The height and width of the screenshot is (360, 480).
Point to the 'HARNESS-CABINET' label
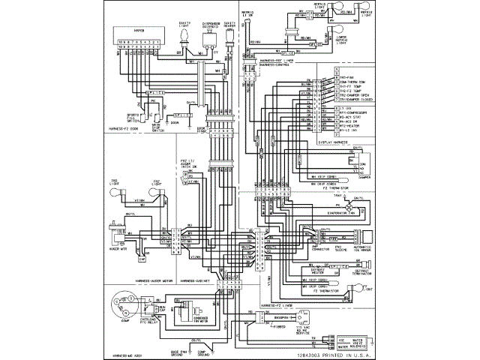coord(196,280)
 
